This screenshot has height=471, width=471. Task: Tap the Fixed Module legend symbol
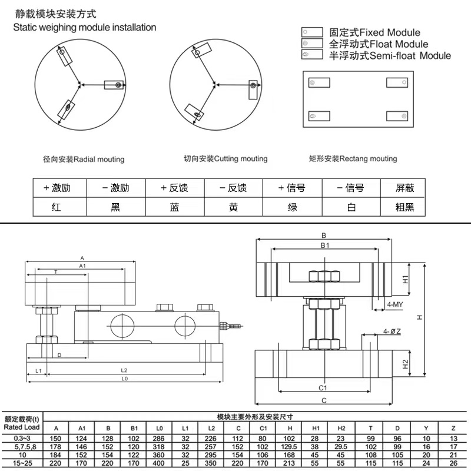click(311, 32)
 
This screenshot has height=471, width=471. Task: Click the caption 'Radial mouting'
click(84, 160)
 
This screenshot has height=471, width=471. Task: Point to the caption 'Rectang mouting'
click(353, 159)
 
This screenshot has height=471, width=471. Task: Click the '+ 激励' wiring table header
click(57, 188)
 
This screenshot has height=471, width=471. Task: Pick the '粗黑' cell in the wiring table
click(405, 207)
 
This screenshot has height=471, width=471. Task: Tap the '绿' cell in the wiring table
click(292, 207)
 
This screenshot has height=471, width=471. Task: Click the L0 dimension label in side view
click(124, 379)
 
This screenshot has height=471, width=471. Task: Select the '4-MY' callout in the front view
click(394, 304)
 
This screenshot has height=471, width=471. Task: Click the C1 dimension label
click(323, 388)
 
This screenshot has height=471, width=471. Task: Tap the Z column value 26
click(452, 463)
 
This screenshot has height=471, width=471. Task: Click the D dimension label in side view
click(59, 355)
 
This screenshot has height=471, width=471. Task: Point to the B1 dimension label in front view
click(324, 245)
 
